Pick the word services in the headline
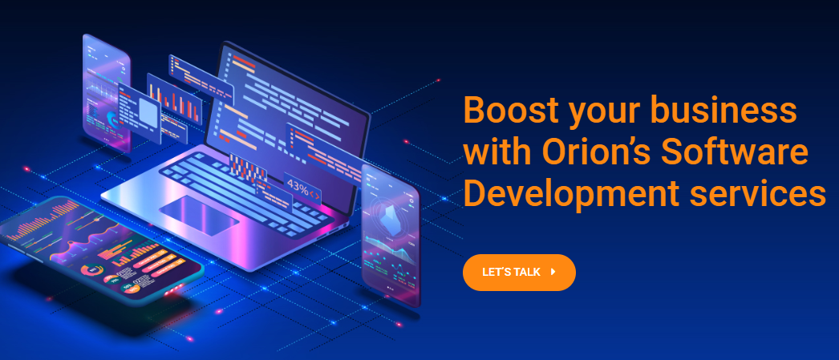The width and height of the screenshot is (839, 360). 757,194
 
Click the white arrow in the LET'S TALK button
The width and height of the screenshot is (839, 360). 553,272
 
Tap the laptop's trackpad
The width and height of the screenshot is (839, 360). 199,215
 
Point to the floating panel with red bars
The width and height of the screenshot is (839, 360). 174,99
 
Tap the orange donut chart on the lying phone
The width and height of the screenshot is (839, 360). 91,271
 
